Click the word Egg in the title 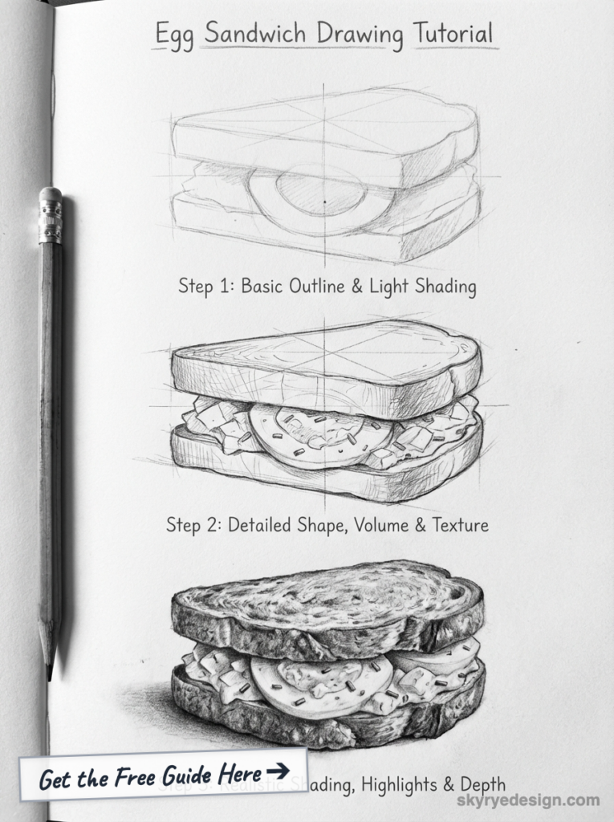coord(175,35)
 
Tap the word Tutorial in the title coord(453,34)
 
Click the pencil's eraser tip coord(51,195)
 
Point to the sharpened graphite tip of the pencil coord(49,669)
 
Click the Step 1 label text coord(195,287)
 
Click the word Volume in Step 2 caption coord(377,526)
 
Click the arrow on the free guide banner coord(278,771)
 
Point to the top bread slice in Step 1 coord(321,136)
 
